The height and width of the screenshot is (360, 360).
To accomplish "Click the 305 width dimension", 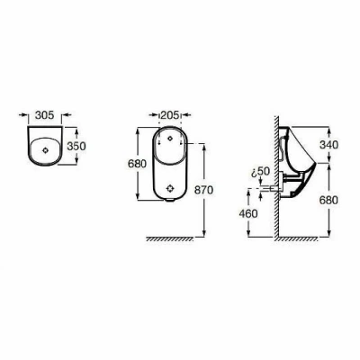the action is (44, 115).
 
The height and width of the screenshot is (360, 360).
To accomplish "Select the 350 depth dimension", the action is (76, 146).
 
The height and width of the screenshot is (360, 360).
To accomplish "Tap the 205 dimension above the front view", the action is (170, 115).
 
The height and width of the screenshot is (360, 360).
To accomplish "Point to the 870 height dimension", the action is (203, 190).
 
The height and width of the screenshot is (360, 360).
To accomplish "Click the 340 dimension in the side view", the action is (328, 145).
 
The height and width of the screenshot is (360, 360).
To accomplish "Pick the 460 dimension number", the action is (248, 213).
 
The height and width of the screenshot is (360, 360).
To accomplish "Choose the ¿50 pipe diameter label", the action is (261, 172).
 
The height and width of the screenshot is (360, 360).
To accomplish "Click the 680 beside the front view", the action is (137, 164).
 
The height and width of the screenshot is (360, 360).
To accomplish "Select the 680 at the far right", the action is (328, 200).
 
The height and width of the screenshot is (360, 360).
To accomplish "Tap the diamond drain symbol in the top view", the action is (45, 150).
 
